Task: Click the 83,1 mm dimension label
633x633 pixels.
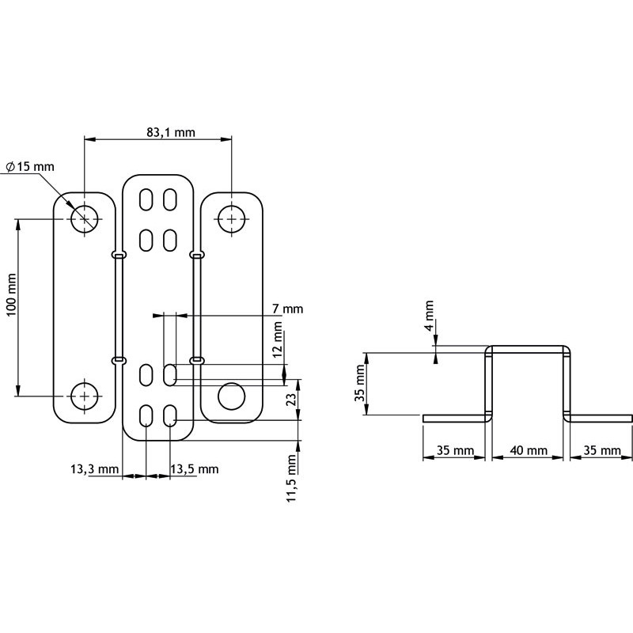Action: [170, 133]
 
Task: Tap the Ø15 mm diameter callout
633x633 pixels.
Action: [30, 167]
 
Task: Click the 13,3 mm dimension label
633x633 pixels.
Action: [89, 470]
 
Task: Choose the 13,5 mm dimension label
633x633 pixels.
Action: [195, 470]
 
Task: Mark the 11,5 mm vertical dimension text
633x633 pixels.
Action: [292, 478]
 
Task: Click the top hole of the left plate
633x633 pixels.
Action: [85, 218]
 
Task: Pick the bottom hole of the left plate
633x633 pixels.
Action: [85, 395]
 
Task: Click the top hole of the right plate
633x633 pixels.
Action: [231, 218]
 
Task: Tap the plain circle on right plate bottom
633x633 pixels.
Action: [231, 396]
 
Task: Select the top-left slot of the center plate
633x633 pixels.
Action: [146, 199]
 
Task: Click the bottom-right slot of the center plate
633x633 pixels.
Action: [170, 416]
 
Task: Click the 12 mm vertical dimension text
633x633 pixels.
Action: [278, 340]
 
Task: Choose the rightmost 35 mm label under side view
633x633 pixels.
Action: [601, 450]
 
